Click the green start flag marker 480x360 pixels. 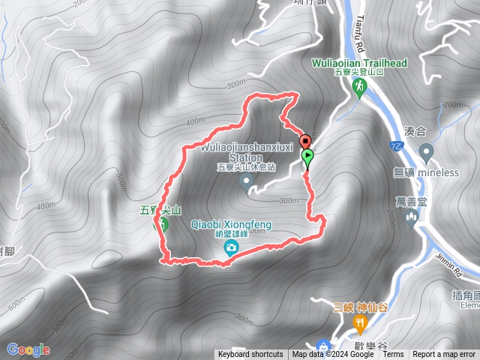pyautogui.click(x=308, y=157)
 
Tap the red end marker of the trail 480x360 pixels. pyautogui.click(x=304, y=141)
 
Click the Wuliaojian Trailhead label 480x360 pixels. pyautogui.click(x=359, y=64)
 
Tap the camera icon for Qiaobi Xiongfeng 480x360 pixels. pyautogui.click(x=232, y=246)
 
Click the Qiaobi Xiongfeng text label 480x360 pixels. pyautogui.click(x=232, y=223)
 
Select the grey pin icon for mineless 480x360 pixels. pyautogui.click(x=427, y=154)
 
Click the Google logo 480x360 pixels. pyautogui.click(x=28, y=349)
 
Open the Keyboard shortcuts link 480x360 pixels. pyautogui.click(x=250, y=355)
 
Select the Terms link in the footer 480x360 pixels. pyautogui.click(x=393, y=355)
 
